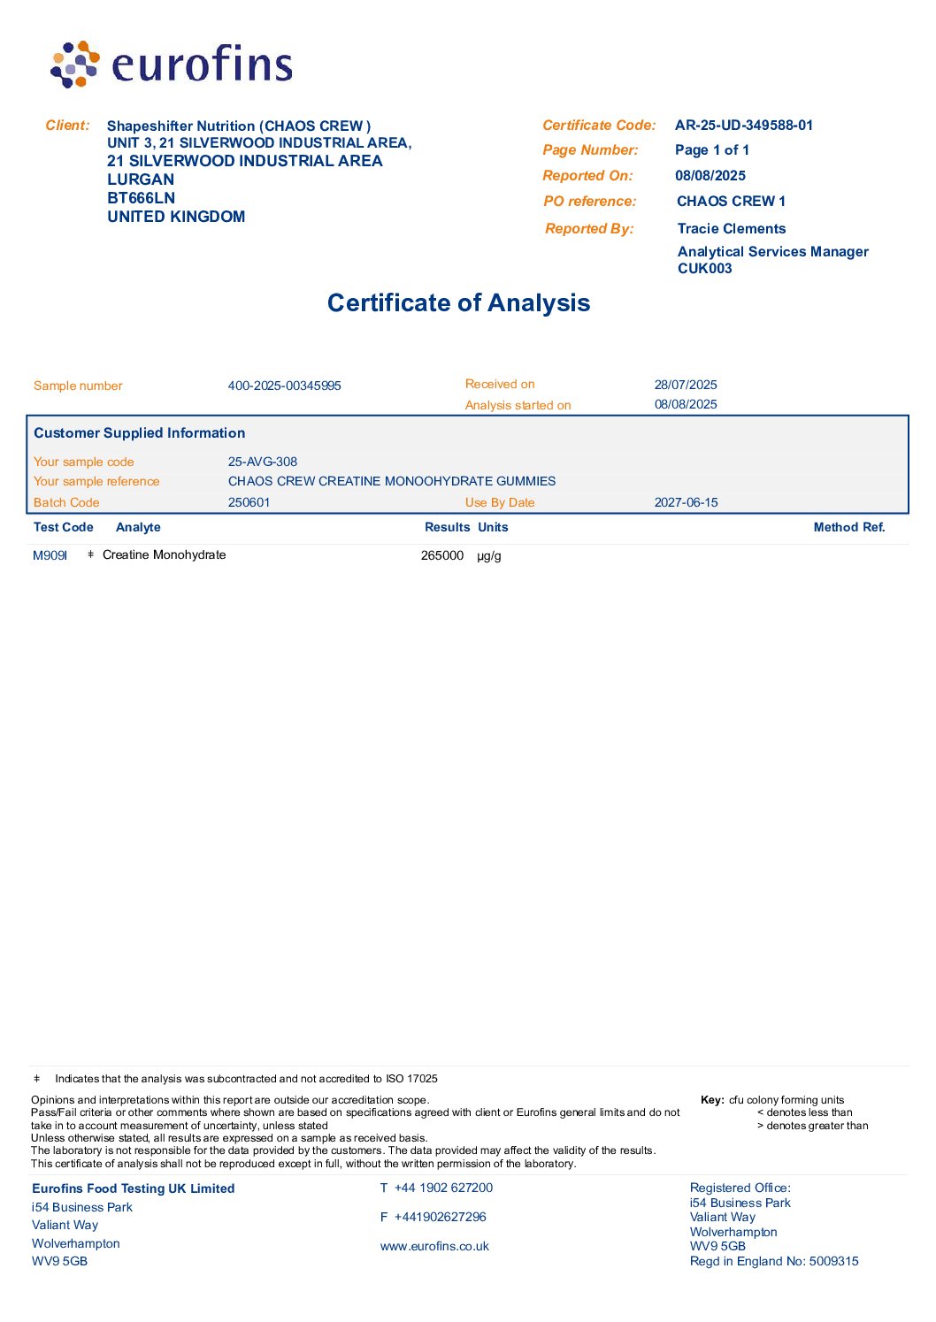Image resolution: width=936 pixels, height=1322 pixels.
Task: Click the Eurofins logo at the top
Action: point(172,65)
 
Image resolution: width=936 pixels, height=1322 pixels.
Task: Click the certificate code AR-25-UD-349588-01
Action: point(743,126)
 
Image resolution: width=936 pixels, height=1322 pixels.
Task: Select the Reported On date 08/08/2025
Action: point(710,176)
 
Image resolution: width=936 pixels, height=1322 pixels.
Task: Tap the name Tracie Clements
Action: point(731,229)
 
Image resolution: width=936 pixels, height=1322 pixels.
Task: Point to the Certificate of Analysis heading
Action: point(458,303)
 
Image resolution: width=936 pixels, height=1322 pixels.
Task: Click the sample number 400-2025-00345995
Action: point(284,386)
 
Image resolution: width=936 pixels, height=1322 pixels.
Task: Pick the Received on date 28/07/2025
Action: point(686,385)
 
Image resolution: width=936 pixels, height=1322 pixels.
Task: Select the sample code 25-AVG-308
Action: point(263,462)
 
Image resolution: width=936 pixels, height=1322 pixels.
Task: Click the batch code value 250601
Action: point(249,502)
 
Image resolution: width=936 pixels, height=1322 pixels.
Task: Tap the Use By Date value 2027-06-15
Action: point(686,502)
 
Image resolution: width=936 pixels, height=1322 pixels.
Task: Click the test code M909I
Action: point(50,555)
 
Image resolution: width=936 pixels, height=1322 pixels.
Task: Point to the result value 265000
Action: point(442,555)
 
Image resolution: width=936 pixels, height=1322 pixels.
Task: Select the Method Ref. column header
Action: point(848,527)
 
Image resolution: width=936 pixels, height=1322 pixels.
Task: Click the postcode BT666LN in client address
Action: point(141,198)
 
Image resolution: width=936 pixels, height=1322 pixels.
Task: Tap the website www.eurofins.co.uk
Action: point(434,1247)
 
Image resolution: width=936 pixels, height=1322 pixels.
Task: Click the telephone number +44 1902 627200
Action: point(443,1188)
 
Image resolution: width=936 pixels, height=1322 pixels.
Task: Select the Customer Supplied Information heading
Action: point(139,433)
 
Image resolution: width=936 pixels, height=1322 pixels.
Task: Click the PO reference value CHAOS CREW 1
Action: point(731,202)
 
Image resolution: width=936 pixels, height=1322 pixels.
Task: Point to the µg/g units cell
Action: point(489,556)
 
